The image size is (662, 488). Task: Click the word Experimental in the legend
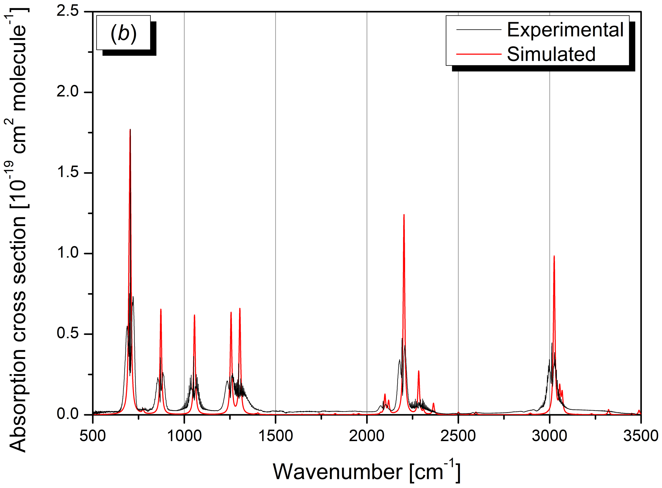565,30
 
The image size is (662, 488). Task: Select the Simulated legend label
551,54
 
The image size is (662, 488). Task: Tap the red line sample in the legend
478,54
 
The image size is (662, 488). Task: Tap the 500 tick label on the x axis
93,436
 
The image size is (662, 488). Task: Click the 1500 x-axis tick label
275,436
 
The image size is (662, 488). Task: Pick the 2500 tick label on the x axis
458,436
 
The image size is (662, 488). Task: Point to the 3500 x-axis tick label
640,436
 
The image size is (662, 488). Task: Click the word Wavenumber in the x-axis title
337,472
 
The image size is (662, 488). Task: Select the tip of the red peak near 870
161,309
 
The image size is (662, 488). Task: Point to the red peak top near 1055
194,315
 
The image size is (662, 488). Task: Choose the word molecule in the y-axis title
18,68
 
